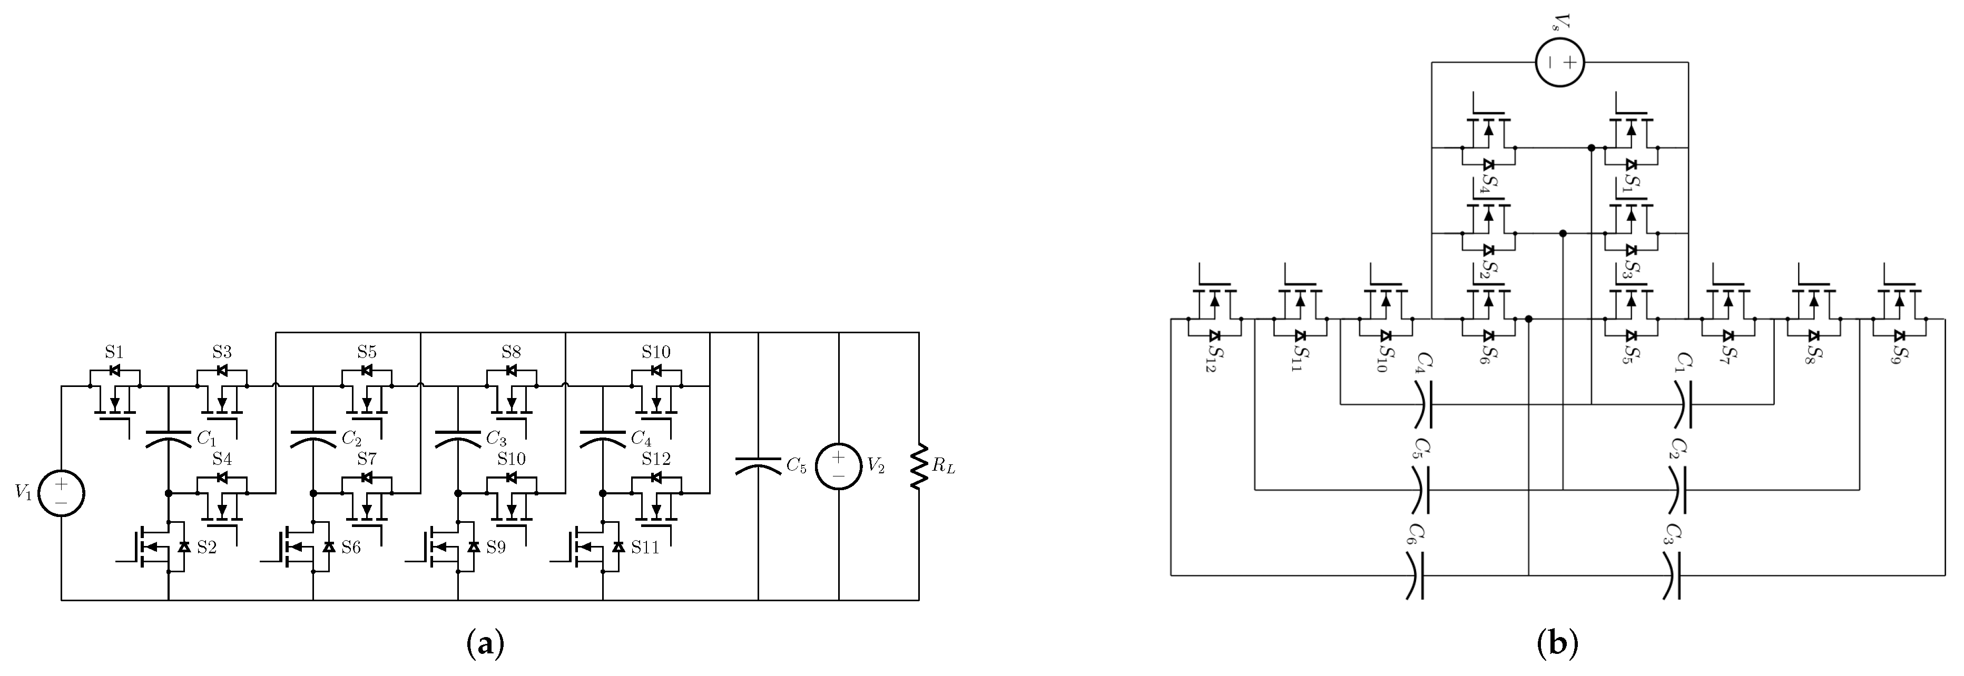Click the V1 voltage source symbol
point(61,493)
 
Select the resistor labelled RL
point(919,466)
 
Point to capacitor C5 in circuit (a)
point(758,465)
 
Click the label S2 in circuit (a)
point(207,546)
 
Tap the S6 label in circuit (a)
point(351,546)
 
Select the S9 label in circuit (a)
point(496,546)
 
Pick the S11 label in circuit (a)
point(645,546)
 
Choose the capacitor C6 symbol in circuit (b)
point(1415,575)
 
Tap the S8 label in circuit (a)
point(511,352)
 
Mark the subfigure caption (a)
point(485,644)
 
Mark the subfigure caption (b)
point(1556,644)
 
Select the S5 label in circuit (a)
point(367,352)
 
